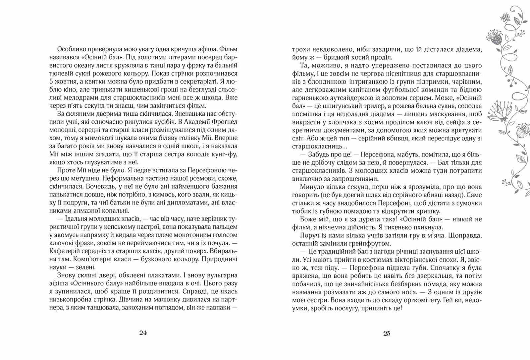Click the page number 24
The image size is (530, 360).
[x=142, y=333]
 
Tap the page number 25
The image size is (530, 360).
[x=387, y=333]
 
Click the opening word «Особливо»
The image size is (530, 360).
[x=71, y=49]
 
